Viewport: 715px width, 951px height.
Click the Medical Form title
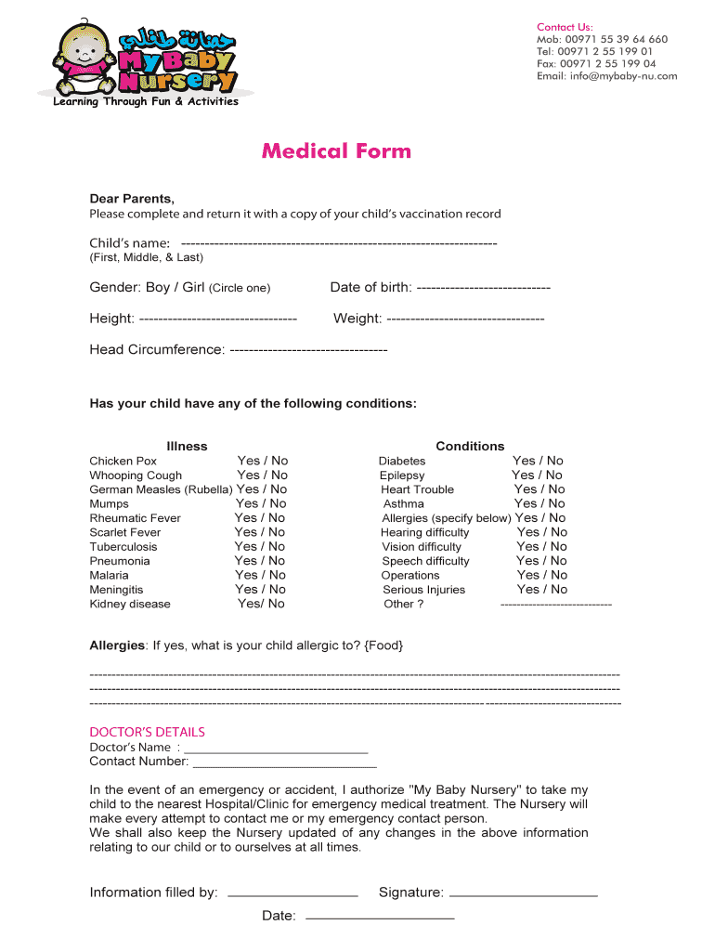(335, 150)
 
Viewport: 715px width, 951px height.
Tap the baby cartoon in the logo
(84, 58)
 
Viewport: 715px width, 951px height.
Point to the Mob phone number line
(602, 39)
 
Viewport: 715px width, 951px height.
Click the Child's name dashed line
(339, 243)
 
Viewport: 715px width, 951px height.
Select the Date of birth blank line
(483, 288)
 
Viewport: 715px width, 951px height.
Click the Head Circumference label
(156, 350)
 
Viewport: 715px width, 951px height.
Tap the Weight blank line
(464, 319)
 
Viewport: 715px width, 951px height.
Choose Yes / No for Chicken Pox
(263, 461)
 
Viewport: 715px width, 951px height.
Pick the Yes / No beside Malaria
(260, 575)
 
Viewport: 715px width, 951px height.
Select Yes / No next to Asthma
(539, 503)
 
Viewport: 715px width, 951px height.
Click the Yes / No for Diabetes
(538, 461)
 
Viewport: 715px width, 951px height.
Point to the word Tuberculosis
(123, 547)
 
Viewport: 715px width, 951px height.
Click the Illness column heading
(187, 446)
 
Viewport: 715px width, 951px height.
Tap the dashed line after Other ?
(555, 605)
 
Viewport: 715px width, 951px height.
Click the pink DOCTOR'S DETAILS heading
(147, 732)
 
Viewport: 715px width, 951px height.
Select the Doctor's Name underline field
(276, 749)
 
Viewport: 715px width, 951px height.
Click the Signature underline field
(523, 894)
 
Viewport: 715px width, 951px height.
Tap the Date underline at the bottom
(380, 918)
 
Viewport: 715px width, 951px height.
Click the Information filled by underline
(292, 894)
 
